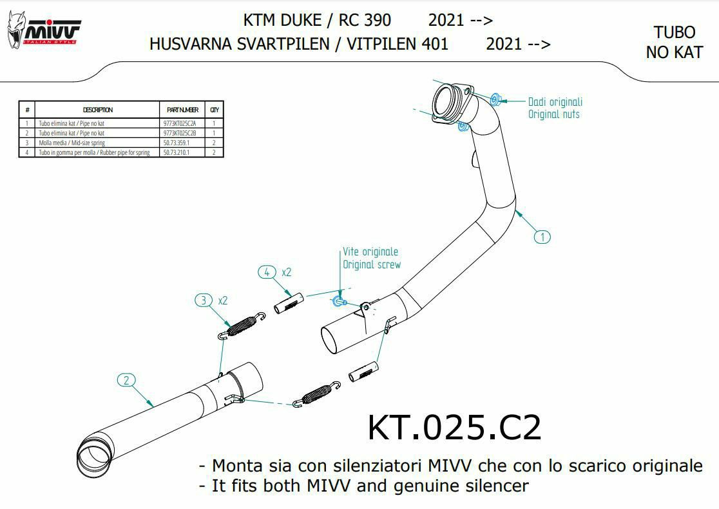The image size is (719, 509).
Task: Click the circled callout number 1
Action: [x=542, y=237]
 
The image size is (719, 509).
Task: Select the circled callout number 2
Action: [x=126, y=380]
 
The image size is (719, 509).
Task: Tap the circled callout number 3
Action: [x=204, y=300]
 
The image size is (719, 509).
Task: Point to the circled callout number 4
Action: [x=267, y=272]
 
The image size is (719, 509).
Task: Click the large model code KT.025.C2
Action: [x=454, y=428]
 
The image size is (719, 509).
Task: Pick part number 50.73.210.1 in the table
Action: [x=177, y=153]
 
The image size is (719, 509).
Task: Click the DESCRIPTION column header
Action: [x=98, y=110]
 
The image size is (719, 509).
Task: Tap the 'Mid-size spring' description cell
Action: [x=72, y=143]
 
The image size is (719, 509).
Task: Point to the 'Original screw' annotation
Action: [x=371, y=264]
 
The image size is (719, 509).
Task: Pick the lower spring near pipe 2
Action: [x=316, y=394]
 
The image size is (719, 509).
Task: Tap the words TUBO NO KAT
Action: [x=674, y=43]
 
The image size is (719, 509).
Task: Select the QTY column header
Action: [x=214, y=110]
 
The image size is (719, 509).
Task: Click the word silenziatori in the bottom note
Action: [x=381, y=466]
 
